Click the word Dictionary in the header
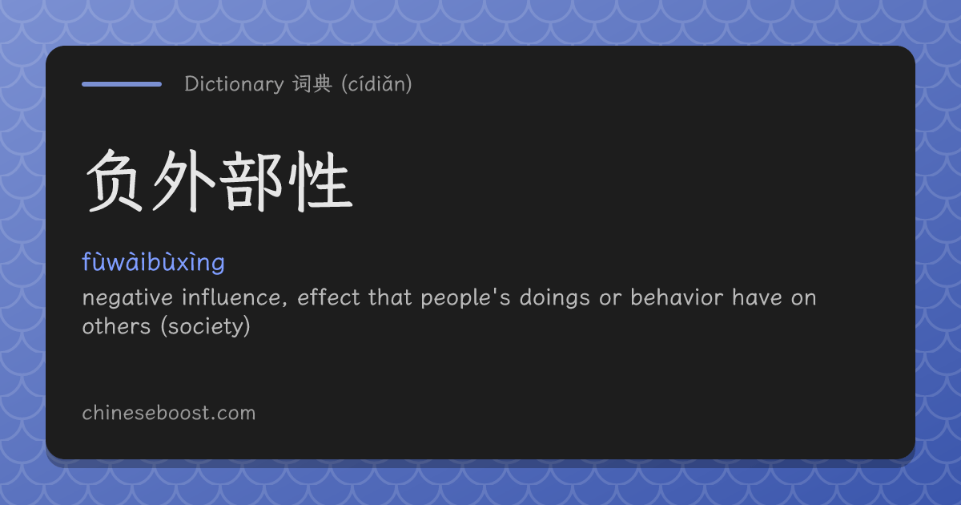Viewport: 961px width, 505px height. coord(234,84)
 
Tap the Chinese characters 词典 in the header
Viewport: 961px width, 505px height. coord(312,83)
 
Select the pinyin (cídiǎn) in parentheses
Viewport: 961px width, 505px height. coord(376,83)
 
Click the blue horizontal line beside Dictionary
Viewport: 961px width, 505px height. coord(122,84)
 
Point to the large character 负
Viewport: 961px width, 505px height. coord(115,181)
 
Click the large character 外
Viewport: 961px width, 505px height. coord(183,181)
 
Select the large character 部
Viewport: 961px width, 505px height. coord(251,181)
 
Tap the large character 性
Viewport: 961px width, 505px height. coord(320,181)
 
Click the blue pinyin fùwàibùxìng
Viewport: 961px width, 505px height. coord(153,262)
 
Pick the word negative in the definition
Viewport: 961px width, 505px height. coord(127,298)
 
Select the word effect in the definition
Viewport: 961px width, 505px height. coord(328,297)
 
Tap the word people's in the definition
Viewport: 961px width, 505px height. coord(465,298)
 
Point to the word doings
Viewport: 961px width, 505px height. coord(555,298)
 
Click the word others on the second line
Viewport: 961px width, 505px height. coord(116,326)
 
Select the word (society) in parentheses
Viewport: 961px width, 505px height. coord(206,327)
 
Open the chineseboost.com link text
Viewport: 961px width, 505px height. coord(169,413)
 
